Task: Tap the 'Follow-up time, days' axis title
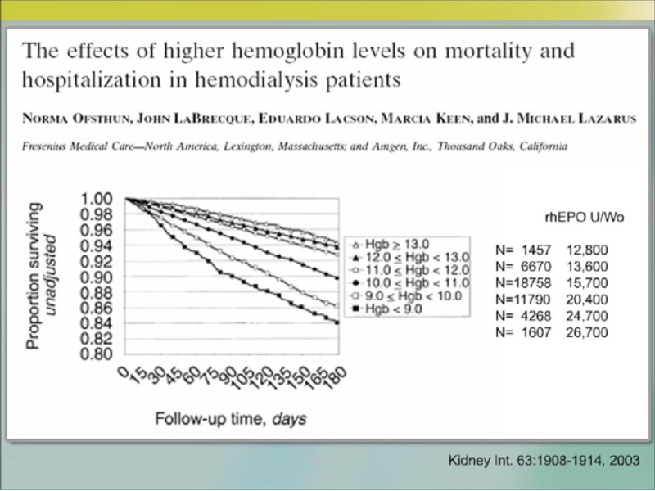232,419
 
